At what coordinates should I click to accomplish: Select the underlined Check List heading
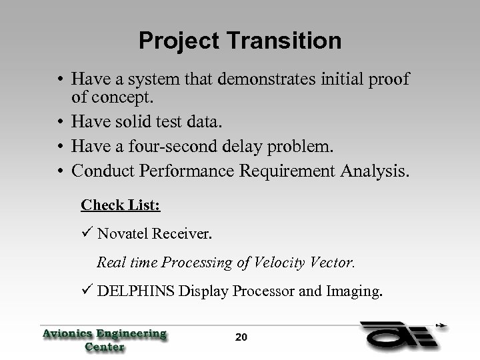pyautogui.click(x=121, y=205)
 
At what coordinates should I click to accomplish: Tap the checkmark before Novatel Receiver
pyautogui.click(x=87, y=233)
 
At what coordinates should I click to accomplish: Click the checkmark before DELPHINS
pyautogui.click(x=87, y=291)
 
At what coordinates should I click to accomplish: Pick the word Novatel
pyautogui.click(x=125, y=233)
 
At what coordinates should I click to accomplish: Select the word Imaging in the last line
pyautogui.click(x=355, y=291)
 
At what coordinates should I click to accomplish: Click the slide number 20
pyautogui.click(x=241, y=337)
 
